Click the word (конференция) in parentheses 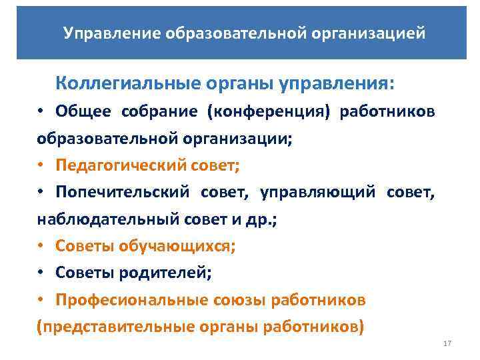[278, 111]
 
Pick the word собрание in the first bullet [159, 111]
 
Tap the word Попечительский [123, 192]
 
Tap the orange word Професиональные [136, 299]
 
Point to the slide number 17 [447, 343]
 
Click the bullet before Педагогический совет [41, 165]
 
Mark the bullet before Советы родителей [41, 273]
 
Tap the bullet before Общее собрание [41, 111]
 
